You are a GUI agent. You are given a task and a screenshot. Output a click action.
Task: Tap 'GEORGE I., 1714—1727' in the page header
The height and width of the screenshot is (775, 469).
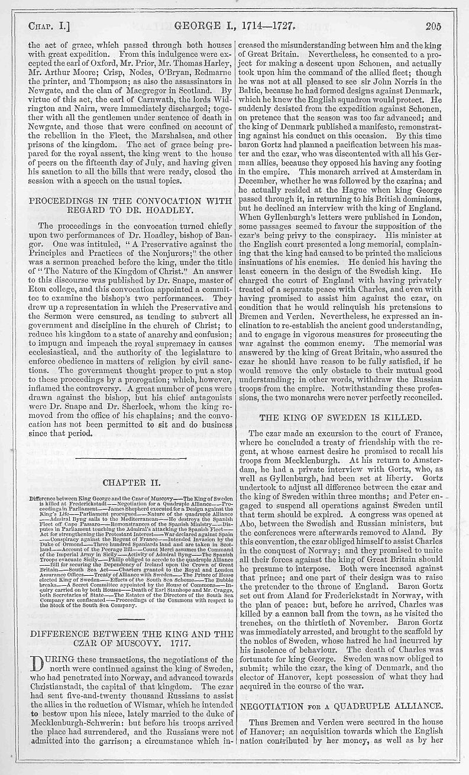237,26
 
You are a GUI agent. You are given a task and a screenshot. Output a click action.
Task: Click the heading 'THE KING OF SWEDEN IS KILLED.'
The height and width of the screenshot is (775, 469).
349,417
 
